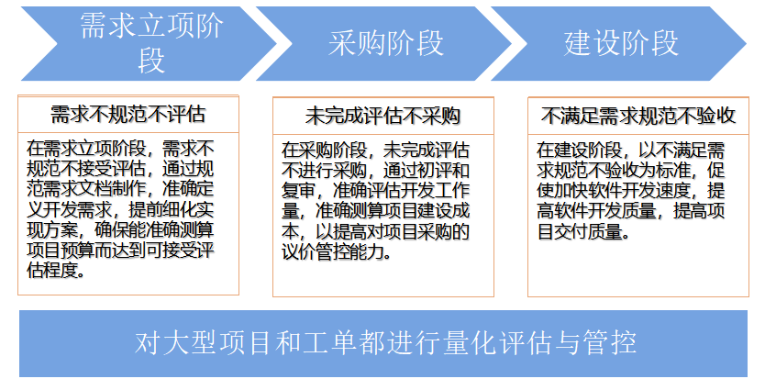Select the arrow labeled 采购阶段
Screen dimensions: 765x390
(385, 43)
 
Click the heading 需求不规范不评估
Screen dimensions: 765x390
(127, 114)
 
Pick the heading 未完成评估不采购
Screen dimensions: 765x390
(383, 117)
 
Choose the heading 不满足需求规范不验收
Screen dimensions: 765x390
(638, 116)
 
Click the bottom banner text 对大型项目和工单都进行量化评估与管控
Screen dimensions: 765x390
(385, 342)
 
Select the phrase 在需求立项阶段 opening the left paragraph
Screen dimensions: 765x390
(86, 149)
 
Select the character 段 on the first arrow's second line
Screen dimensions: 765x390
(150, 60)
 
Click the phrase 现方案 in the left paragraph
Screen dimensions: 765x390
(52, 229)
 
